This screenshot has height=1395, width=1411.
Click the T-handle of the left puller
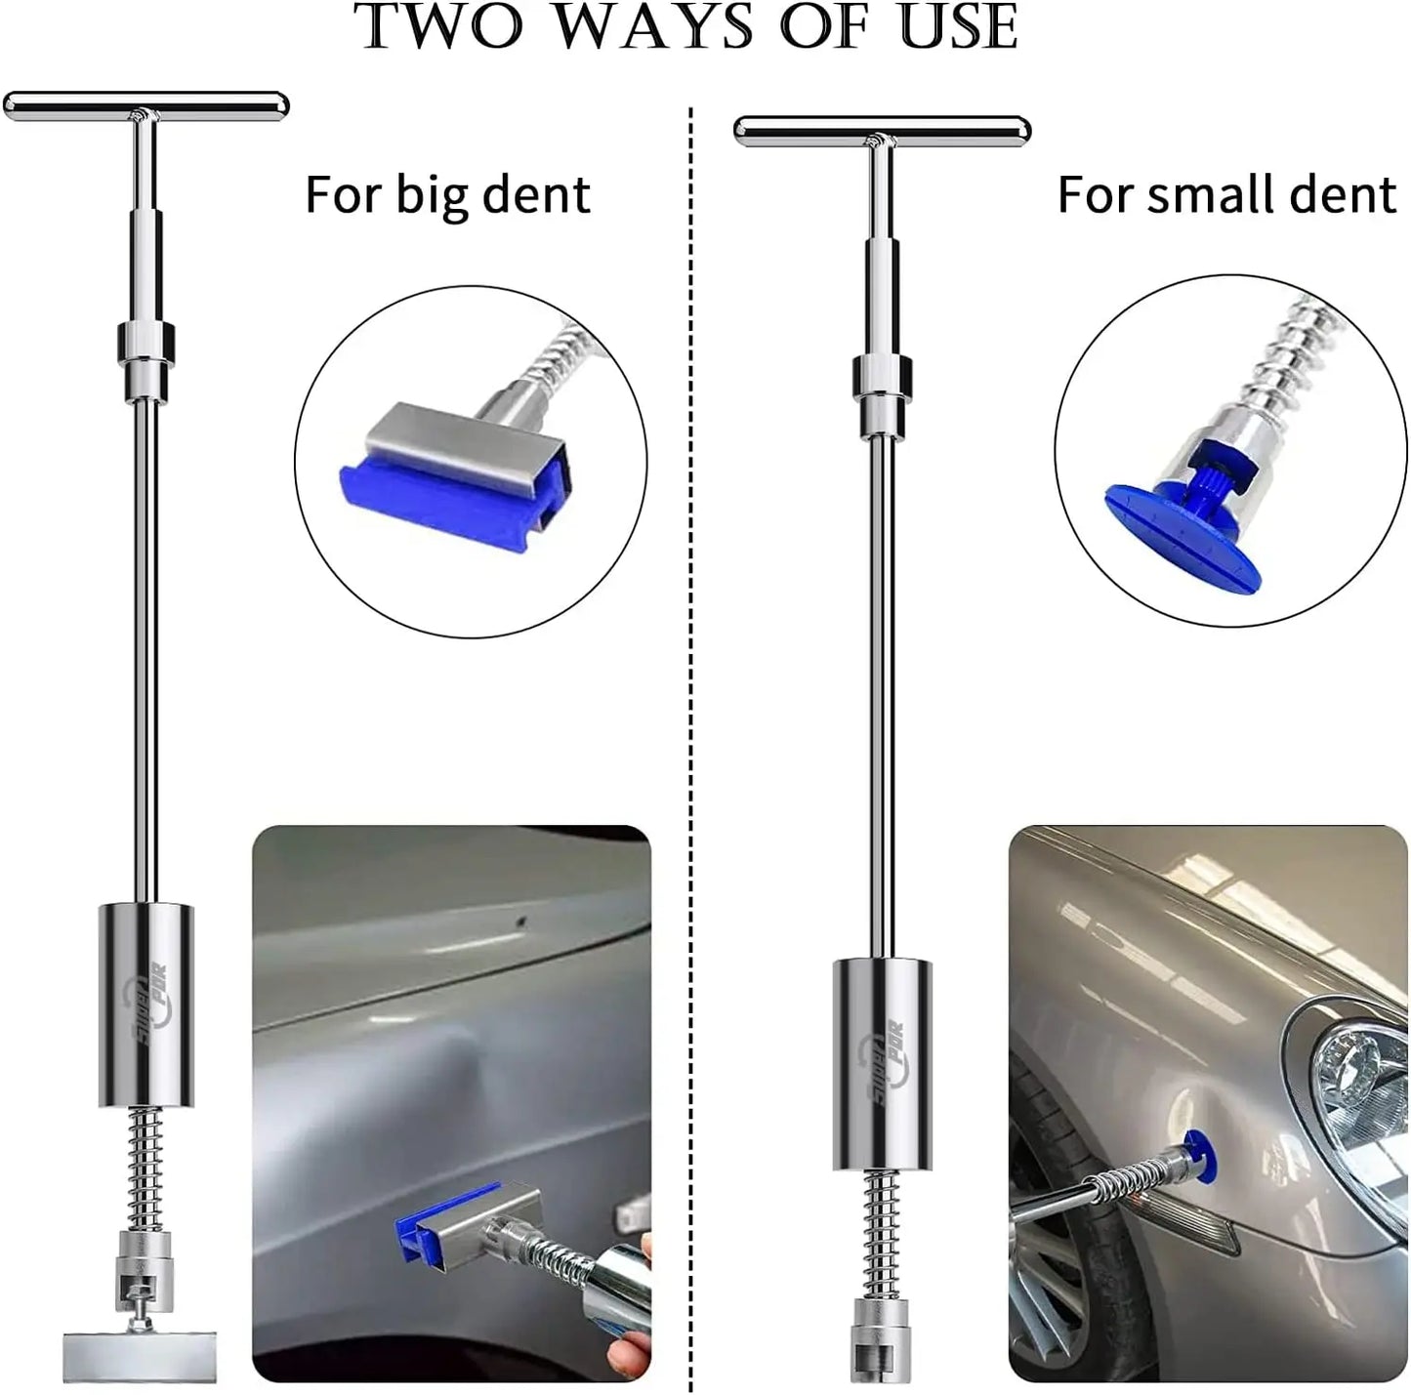coord(146,104)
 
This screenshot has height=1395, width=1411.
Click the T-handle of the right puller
coord(882,129)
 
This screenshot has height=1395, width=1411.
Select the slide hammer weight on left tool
coord(145,1005)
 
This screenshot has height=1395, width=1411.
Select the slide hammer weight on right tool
coord(882,1064)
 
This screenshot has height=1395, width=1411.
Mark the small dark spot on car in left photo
coord(520,920)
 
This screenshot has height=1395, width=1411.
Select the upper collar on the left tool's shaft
coord(146,343)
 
